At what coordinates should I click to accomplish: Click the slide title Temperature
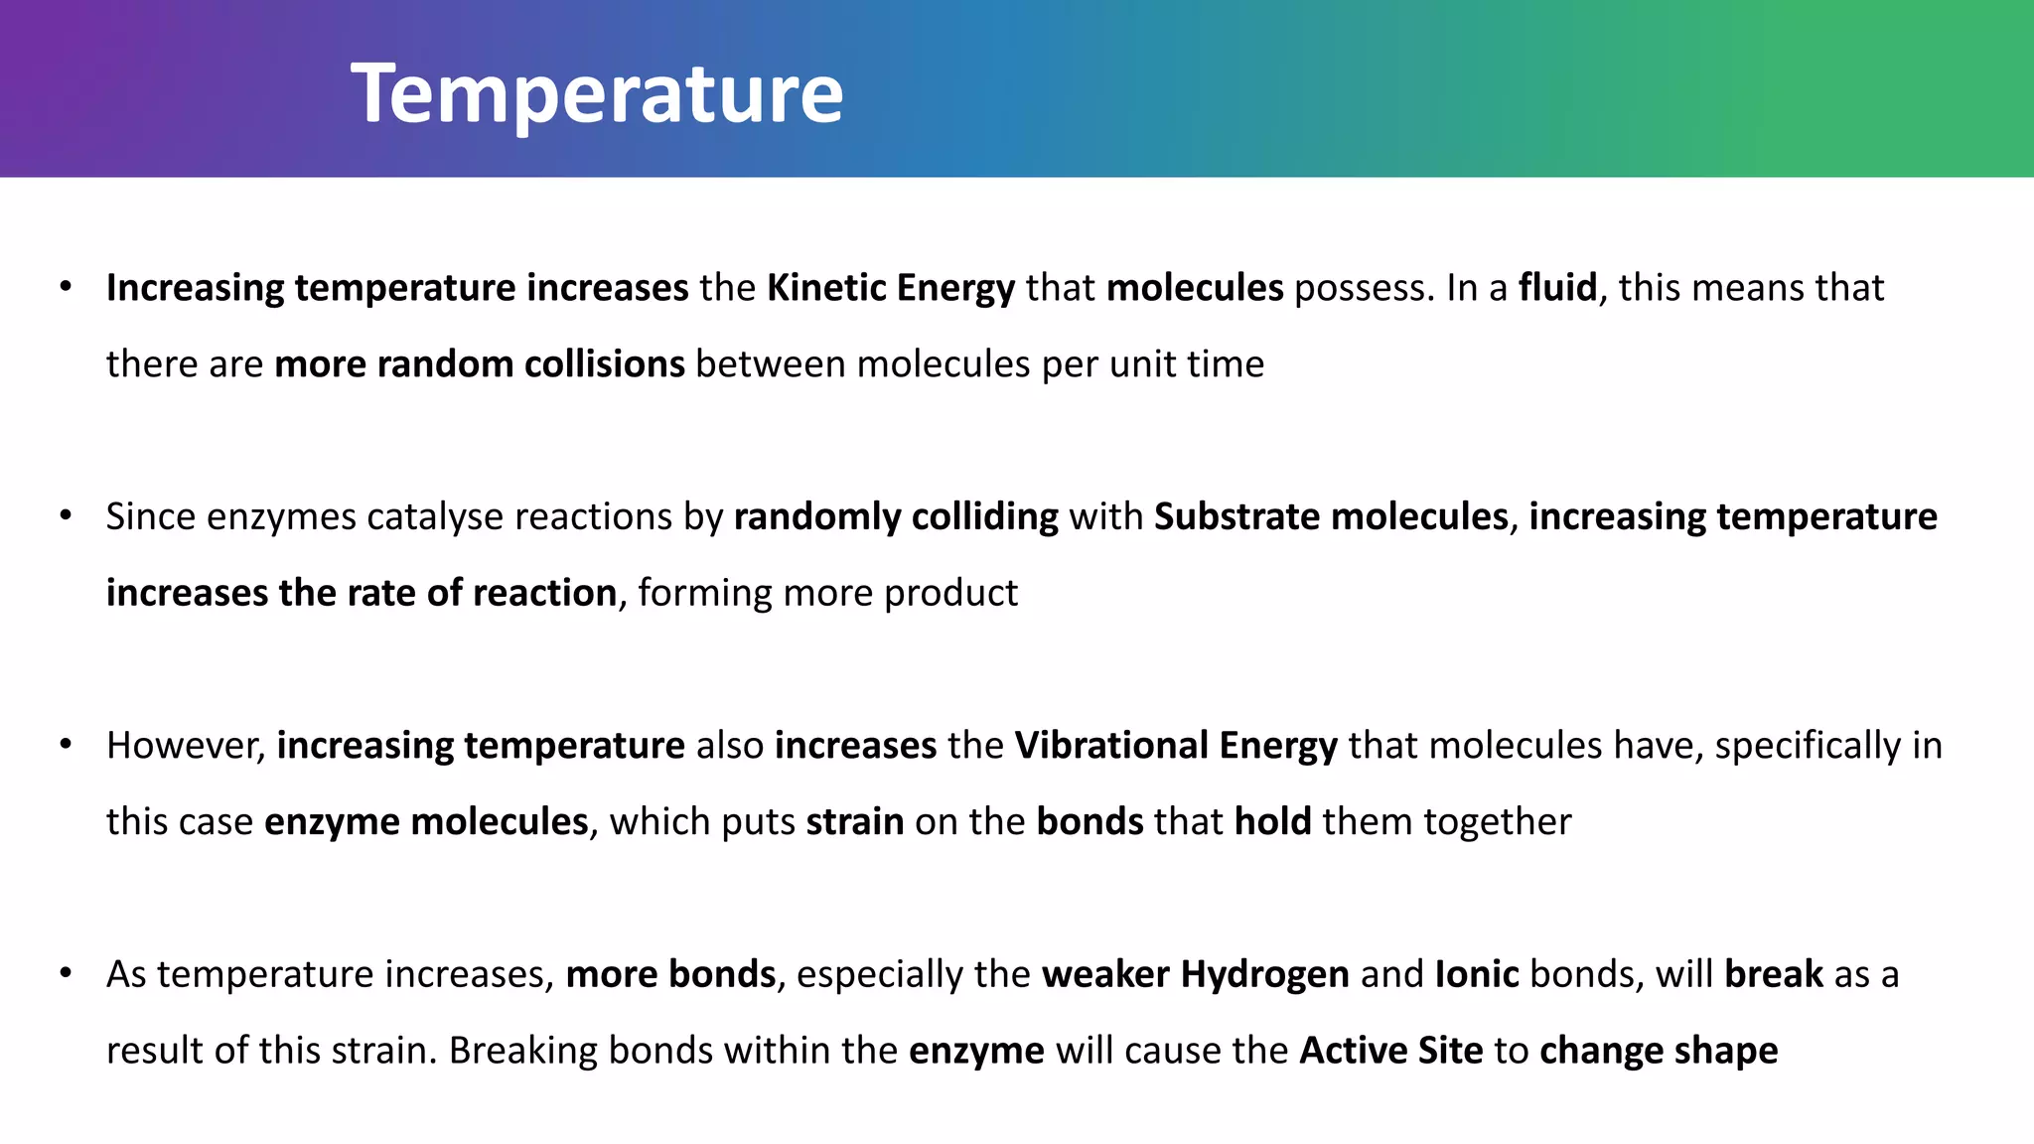(596, 93)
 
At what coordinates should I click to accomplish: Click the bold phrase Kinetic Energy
(890, 288)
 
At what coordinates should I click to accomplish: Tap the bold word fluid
(1556, 288)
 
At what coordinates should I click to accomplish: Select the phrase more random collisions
(479, 364)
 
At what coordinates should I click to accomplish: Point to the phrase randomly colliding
(896, 517)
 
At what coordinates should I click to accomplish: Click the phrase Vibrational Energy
(1175, 746)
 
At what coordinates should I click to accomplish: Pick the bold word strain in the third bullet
(854, 822)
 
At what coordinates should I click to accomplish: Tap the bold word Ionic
(1476, 974)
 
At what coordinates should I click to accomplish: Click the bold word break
(1773, 974)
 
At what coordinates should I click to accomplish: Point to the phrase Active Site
(1390, 1051)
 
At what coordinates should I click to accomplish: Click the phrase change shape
(1658, 1051)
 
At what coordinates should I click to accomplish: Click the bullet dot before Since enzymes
(66, 516)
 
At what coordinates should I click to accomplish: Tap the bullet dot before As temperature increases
(66, 973)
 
